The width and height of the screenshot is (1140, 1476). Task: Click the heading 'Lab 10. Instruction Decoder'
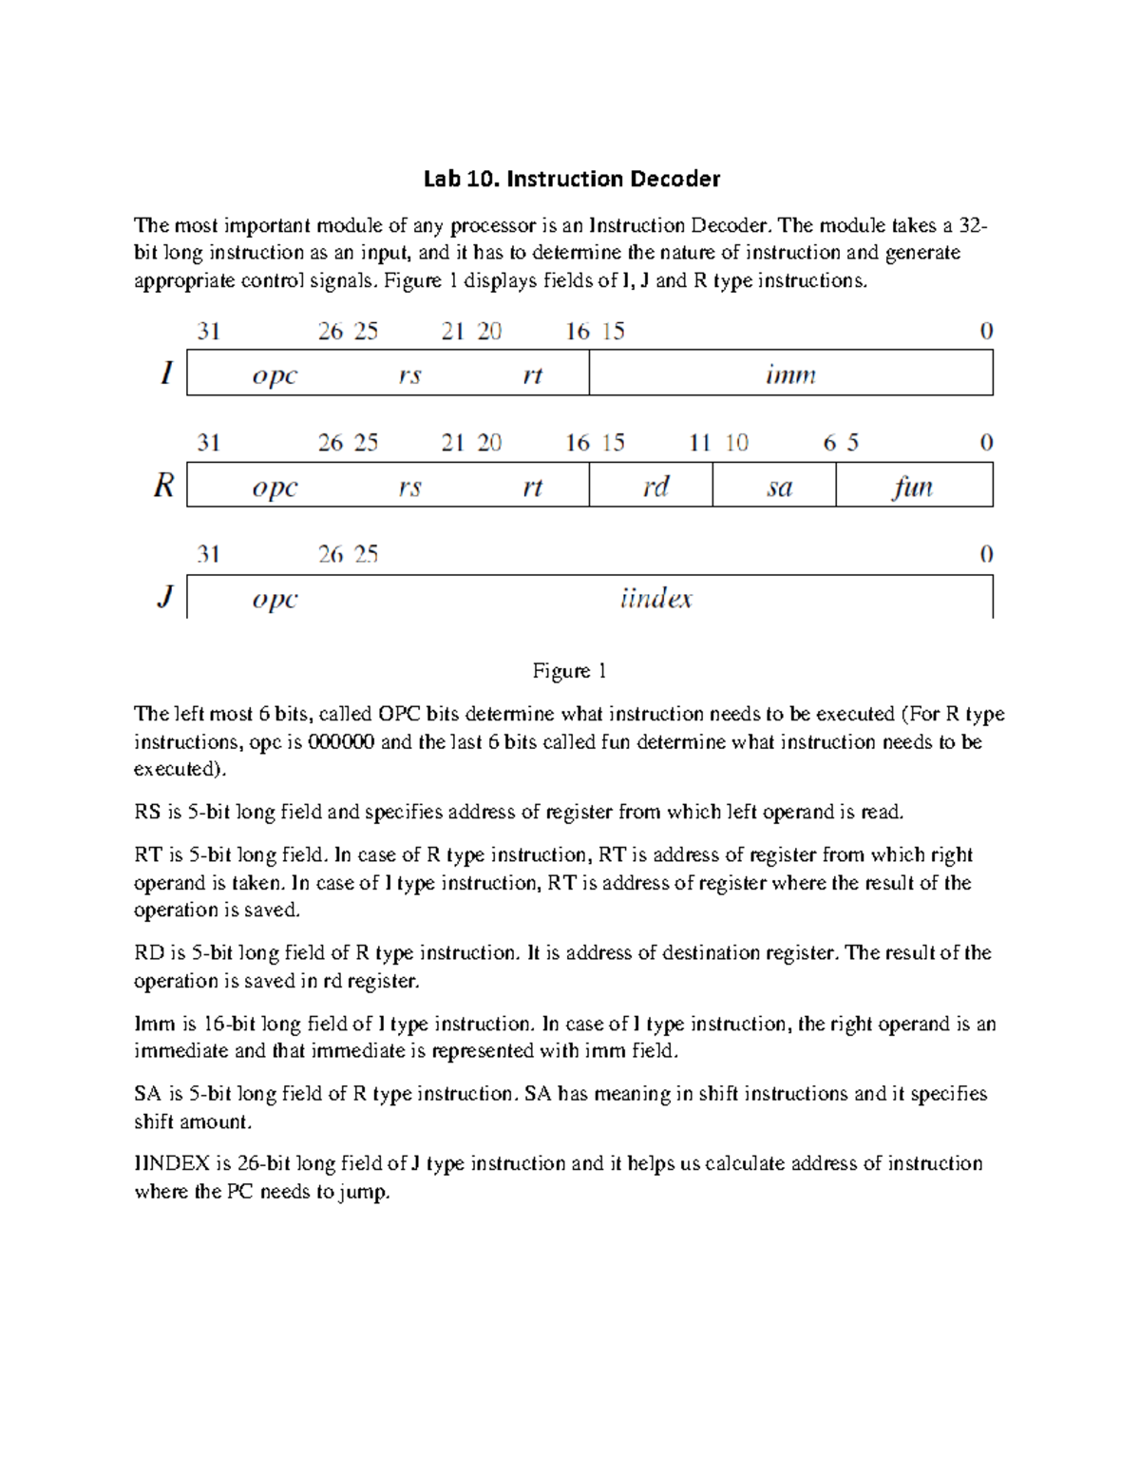571,179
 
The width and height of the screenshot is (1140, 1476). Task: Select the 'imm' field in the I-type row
790,374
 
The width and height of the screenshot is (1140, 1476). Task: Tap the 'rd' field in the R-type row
655,487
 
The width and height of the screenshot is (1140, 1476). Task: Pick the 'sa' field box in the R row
779,487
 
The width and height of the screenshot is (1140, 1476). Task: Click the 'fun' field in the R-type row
913,487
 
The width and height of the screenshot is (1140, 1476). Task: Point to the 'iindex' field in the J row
655,599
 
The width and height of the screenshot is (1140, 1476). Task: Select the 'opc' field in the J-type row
275,599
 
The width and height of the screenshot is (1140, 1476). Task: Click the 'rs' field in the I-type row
409,374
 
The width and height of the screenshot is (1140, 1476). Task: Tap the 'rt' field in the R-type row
532,487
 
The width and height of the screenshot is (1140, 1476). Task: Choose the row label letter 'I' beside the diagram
166,374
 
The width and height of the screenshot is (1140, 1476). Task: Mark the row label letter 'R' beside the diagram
164,487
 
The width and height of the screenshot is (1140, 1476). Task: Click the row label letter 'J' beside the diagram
165,598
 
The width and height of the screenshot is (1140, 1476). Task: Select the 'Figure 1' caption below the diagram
569,671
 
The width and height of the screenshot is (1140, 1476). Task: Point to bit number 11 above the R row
700,443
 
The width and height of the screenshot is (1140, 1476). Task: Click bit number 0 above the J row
986,554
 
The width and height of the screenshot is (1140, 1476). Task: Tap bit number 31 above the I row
208,331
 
